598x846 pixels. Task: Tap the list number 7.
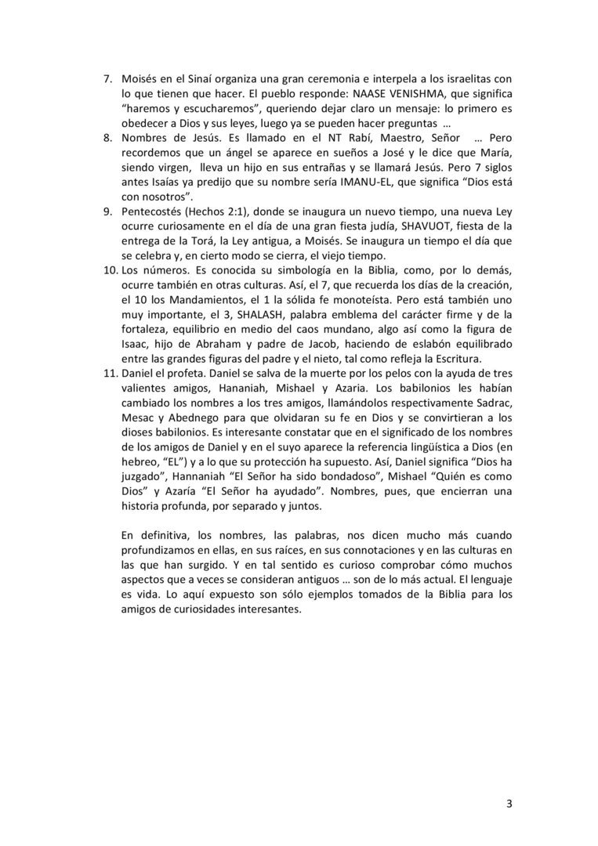[x=109, y=79]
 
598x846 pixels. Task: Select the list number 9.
[x=109, y=211]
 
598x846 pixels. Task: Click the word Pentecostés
[x=154, y=212]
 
